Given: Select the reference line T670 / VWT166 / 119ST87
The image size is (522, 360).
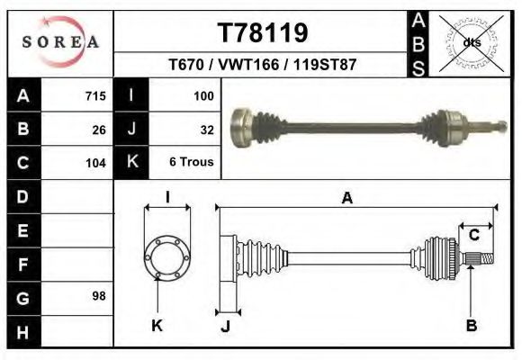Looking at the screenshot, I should [262, 66].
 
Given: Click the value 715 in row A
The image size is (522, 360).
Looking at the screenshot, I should [95, 96].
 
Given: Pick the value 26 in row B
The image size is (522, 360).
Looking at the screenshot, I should [99, 130].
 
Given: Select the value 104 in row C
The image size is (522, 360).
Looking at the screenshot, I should [95, 163].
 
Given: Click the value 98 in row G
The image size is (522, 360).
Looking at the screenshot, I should [99, 296].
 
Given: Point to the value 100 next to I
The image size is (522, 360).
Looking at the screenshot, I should [202, 96].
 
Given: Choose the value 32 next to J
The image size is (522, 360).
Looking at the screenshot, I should [206, 130].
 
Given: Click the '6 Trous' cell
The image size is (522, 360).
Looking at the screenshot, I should [191, 163].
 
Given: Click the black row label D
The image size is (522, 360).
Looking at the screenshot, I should [22, 196].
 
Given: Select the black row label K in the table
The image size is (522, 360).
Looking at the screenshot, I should [131, 163].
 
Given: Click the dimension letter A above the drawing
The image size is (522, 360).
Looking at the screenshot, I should [346, 199].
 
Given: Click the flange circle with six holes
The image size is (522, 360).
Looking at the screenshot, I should [167, 256].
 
